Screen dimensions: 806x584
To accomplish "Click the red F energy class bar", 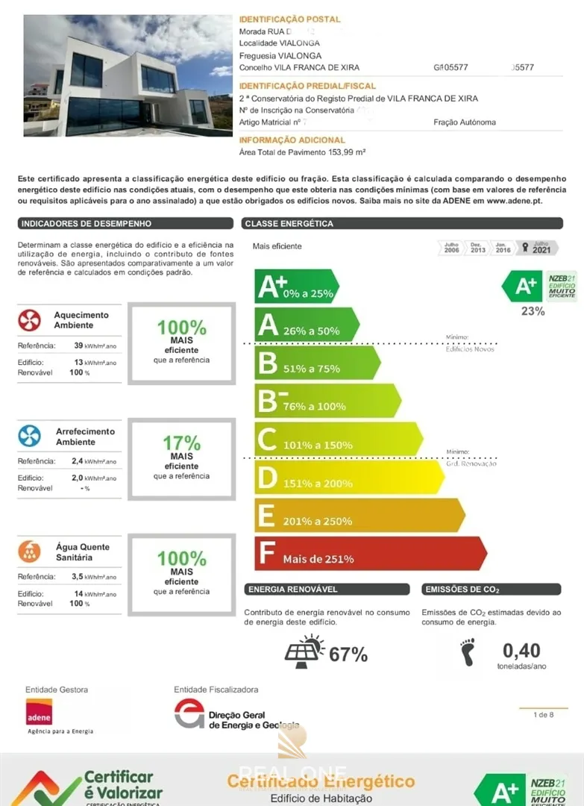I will pos(370,554).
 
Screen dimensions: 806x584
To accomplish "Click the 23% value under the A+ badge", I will pos(533,311).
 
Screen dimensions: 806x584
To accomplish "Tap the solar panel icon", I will pos(304,652).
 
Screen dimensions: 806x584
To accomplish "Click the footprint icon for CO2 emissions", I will pos(468,652).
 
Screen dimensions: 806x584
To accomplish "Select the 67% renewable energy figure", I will pos(348,655).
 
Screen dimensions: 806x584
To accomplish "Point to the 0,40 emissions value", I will pos(521,651).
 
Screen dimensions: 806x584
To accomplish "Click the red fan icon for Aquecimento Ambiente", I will pos(29,320).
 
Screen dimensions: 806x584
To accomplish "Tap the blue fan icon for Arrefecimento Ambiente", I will pos(29,436).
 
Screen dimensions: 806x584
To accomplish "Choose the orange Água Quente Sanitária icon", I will pos(29,552).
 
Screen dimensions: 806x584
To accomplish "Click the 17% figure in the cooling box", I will pos(181,443).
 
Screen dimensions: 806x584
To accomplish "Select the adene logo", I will pos(39,712).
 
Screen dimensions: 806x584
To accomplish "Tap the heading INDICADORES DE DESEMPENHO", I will pos(87,224).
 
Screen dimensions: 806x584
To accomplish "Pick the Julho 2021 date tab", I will pos(539,248).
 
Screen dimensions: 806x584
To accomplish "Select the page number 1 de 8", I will pos(543,715).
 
